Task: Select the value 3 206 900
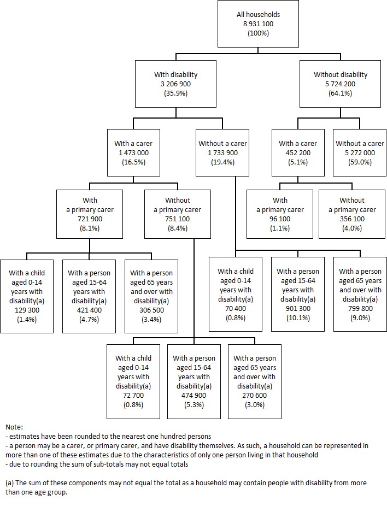(x=175, y=84)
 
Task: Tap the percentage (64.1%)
(x=340, y=93)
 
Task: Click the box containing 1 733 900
(x=222, y=153)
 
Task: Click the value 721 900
(x=90, y=219)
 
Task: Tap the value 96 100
(x=280, y=219)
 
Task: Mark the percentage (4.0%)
(x=352, y=228)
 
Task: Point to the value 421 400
(x=89, y=309)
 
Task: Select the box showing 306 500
(x=151, y=296)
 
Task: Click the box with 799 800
(x=360, y=294)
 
